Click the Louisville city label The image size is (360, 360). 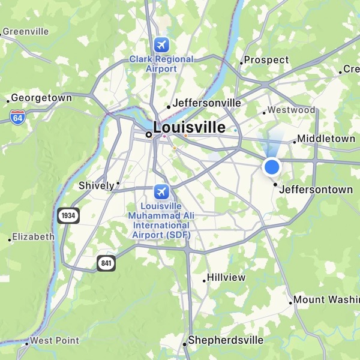tap(190, 128)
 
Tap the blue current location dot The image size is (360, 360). tap(272, 166)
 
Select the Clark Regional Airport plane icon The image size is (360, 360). tap(161, 44)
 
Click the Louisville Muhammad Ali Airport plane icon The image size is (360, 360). tap(161, 191)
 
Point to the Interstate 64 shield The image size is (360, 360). tap(17, 116)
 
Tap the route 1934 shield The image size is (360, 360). tap(68, 215)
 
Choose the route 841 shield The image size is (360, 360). tap(106, 262)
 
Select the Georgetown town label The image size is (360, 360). tap(41, 98)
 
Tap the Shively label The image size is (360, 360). tap(97, 186)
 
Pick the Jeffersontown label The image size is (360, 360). tap(316, 190)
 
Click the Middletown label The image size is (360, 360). tap(327, 139)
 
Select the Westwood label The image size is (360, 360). tap(291, 110)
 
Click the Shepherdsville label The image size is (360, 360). tap(226, 340)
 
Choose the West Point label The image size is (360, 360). tap(54, 341)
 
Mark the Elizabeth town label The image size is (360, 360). tap(34, 236)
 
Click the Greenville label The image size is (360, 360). tap(25, 31)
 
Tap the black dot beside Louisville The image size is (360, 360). tap(148, 135)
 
